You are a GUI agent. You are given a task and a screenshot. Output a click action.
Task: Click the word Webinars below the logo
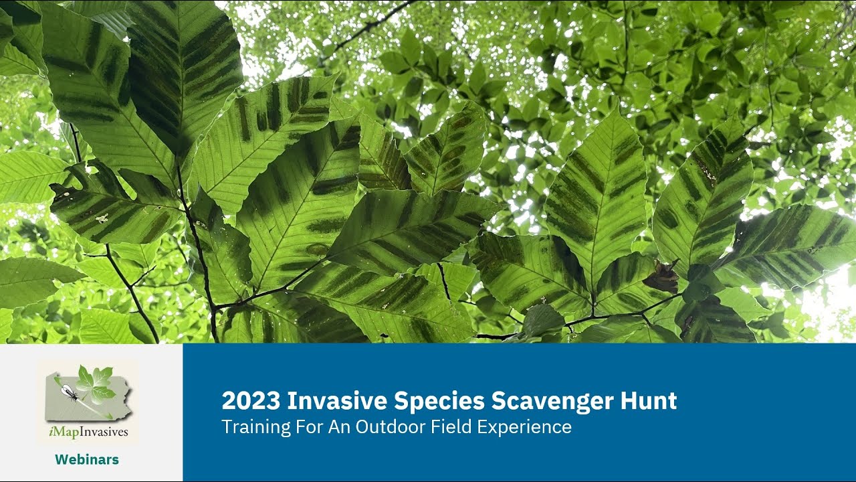[87, 460]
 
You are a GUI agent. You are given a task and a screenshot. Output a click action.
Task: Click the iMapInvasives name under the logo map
[88, 432]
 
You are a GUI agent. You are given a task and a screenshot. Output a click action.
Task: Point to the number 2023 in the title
[250, 401]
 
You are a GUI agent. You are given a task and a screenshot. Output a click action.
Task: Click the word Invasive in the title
[336, 401]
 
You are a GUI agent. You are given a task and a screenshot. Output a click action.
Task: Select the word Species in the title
[439, 401]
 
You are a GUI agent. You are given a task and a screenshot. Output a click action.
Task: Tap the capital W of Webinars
[61, 460]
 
